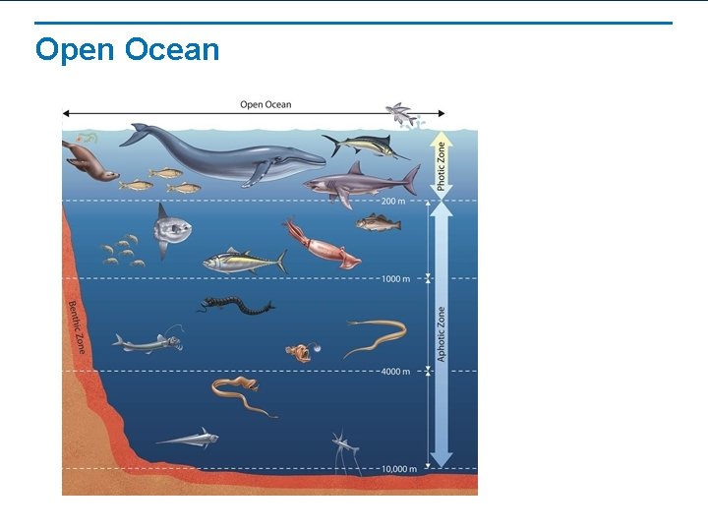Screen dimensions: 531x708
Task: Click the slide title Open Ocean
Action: click(x=127, y=49)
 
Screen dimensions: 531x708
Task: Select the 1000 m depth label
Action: click(x=395, y=279)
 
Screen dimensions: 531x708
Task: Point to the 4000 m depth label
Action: click(x=395, y=372)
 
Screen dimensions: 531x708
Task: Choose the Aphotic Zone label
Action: click(x=442, y=333)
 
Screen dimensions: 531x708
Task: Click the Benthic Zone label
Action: click(x=77, y=327)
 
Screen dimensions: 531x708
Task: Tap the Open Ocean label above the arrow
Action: click(x=265, y=105)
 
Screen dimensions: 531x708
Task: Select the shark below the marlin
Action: click(x=359, y=183)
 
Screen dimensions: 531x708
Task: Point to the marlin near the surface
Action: click(x=367, y=147)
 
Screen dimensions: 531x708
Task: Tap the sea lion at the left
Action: click(x=88, y=159)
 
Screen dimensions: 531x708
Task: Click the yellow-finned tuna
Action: click(x=244, y=262)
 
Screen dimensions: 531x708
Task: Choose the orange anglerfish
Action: click(x=298, y=351)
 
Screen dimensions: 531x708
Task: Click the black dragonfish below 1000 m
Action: click(x=234, y=307)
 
